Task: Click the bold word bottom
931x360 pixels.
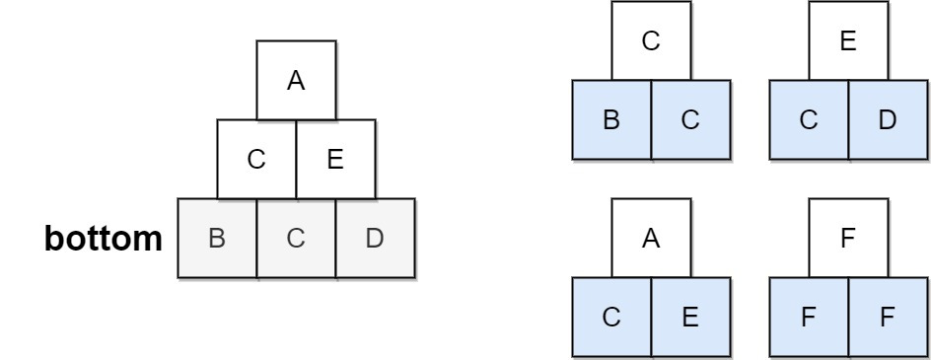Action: tap(104, 239)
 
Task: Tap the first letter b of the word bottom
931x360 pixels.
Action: tap(53, 239)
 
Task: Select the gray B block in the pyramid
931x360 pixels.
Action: tap(217, 239)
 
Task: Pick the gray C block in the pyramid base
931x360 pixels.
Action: tap(296, 239)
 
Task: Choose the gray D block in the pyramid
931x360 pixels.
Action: tap(375, 239)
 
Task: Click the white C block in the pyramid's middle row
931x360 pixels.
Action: tap(256, 159)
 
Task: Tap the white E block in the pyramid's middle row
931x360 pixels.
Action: tap(335, 159)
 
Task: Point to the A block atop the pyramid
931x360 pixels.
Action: tap(296, 80)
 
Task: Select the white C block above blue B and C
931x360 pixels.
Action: tap(651, 40)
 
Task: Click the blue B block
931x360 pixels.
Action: tap(612, 120)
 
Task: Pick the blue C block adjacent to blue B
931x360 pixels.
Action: tap(690, 120)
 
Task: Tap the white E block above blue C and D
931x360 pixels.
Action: tap(848, 40)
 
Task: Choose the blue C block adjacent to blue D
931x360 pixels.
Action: tap(810, 120)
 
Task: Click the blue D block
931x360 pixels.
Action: tap(888, 120)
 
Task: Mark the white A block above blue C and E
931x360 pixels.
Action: tap(651, 238)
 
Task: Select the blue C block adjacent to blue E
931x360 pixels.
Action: tap(612, 318)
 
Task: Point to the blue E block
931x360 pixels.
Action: tap(690, 318)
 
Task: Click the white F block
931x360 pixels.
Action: tap(848, 238)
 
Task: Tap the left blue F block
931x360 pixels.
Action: tap(810, 318)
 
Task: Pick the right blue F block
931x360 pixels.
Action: tap(888, 318)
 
